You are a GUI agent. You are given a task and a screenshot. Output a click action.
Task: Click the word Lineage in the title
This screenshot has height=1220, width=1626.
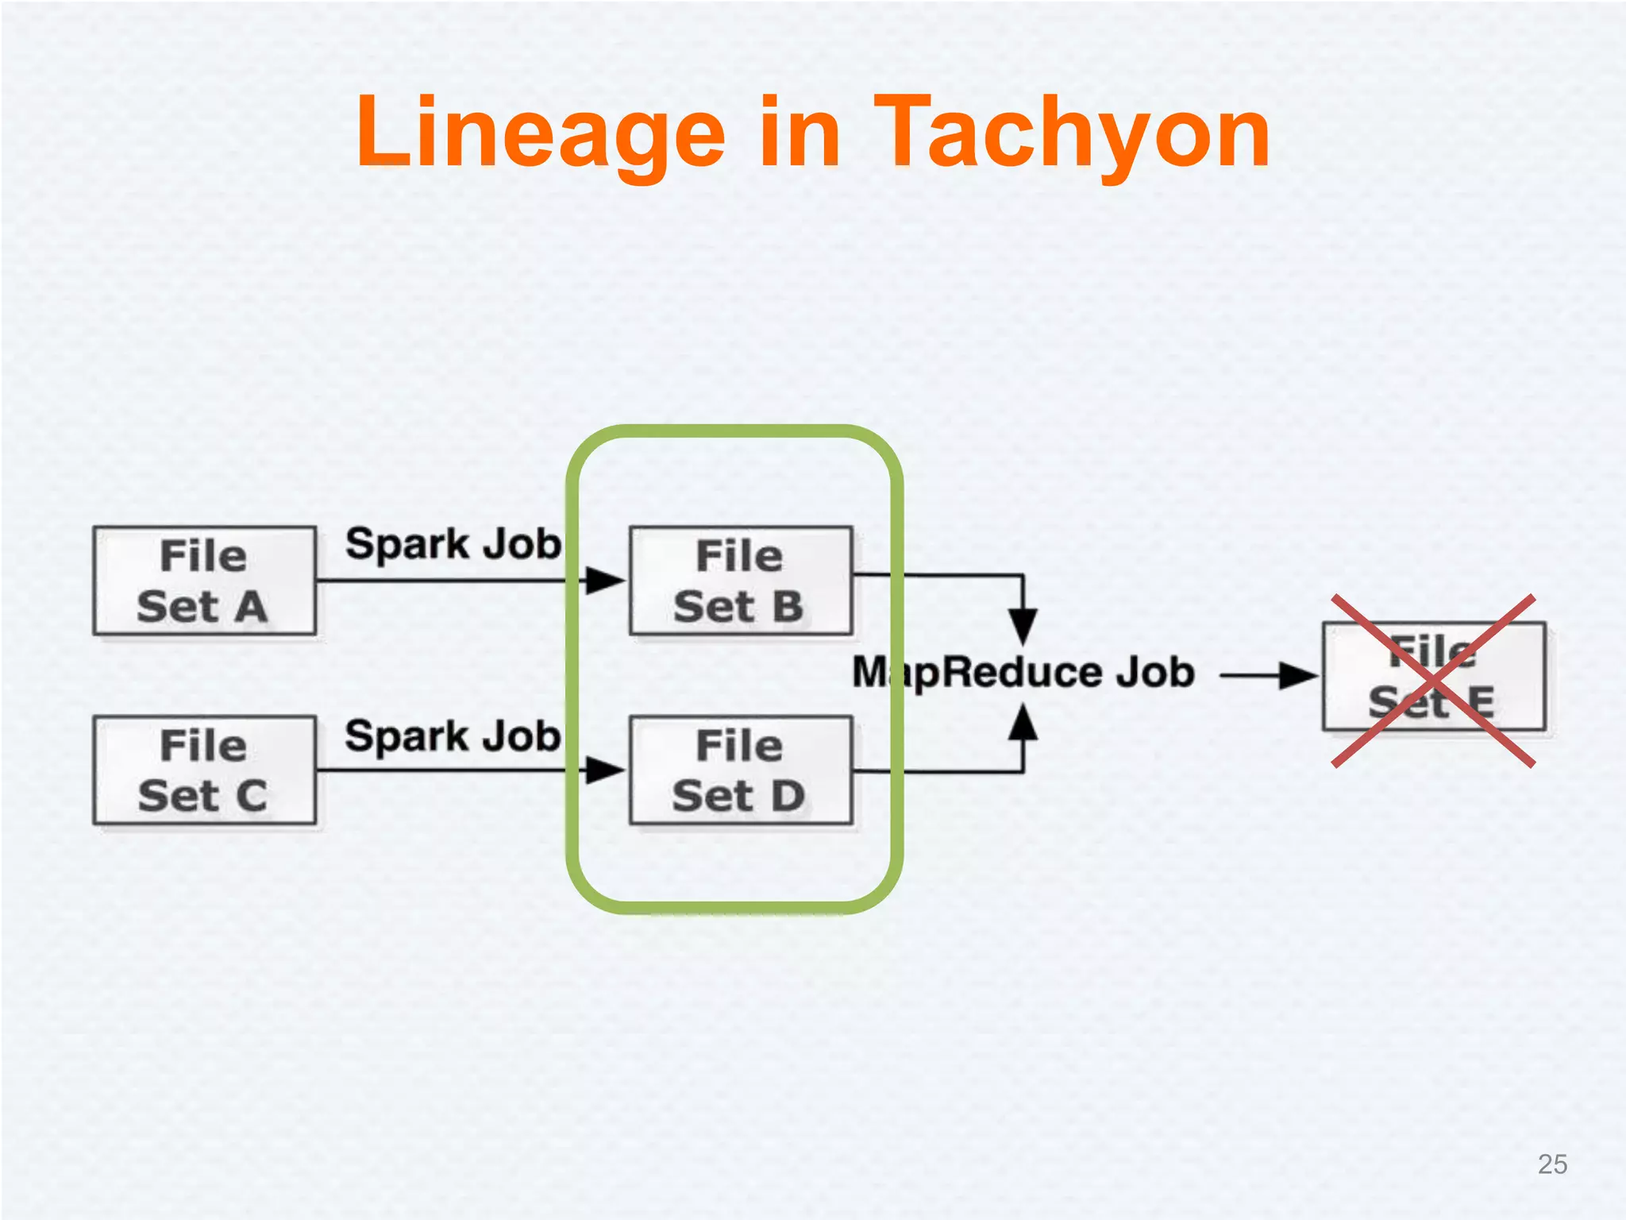541,133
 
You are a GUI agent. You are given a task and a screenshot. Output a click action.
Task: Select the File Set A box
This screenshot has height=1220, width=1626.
204,581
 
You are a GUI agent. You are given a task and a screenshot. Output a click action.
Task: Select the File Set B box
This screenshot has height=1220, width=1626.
741,581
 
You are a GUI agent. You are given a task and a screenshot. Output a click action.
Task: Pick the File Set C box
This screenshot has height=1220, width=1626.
204,770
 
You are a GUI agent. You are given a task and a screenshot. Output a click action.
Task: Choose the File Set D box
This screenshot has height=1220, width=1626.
741,770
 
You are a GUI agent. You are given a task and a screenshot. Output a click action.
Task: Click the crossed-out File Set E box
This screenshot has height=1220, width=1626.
1434,677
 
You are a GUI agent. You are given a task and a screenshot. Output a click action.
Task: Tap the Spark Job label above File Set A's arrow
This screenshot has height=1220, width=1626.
453,545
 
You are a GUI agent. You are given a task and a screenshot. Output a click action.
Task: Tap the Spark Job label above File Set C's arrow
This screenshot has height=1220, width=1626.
453,736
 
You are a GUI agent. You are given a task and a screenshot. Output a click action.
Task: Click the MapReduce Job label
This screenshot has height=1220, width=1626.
1023,673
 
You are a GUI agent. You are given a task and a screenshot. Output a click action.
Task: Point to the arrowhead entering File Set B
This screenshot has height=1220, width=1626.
605,581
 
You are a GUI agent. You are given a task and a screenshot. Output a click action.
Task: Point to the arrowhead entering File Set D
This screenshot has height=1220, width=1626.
605,770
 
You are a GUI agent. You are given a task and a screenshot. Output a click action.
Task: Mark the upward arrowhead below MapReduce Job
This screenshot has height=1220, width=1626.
1023,722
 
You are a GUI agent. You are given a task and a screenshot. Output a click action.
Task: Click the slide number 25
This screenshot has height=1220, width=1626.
1552,1164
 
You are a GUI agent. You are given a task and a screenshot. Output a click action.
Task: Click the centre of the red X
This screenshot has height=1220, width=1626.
1434,681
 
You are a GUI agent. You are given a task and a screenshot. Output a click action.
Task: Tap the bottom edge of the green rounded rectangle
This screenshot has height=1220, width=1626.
734,907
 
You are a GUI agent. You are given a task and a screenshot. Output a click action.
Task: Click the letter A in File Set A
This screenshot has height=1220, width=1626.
251,608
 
